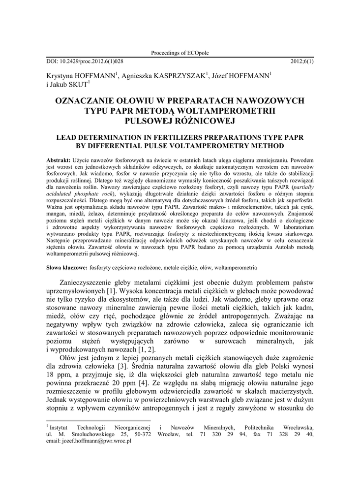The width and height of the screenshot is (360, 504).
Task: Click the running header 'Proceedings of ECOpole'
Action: [x=180, y=53]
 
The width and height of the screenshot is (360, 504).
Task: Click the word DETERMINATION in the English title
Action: [x=115, y=138]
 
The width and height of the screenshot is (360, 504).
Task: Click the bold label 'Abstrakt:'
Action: [x=58, y=161]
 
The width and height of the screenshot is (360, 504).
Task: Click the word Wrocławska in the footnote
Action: [x=294, y=427]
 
